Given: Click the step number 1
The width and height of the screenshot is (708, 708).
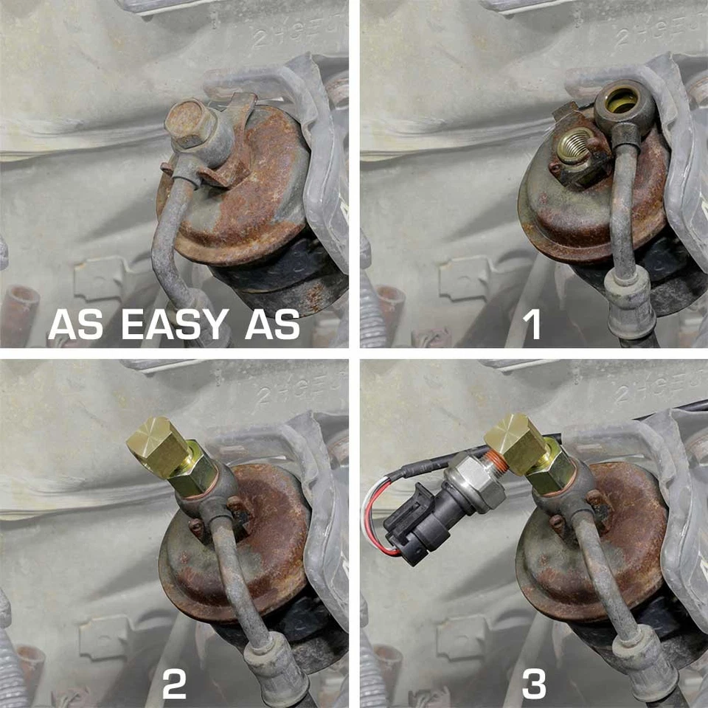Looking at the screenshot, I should [x=530, y=324].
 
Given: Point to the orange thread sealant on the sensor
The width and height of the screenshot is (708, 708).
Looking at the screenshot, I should [x=498, y=462].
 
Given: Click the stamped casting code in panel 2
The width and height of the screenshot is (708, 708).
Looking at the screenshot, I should [x=299, y=391].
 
